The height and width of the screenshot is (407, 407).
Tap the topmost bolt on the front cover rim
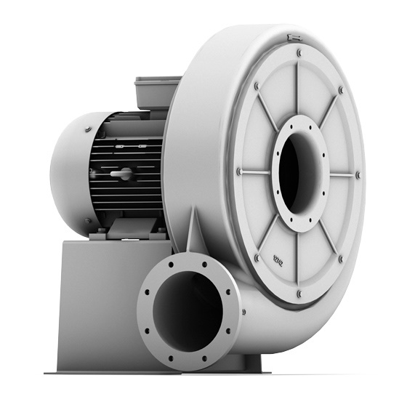pyautogui.click(x=299, y=52)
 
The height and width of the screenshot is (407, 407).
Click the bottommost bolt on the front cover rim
pyautogui.click(x=299, y=294)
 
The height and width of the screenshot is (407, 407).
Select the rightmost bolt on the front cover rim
pyautogui.click(x=358, y=174)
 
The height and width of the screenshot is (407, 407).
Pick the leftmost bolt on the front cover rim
pyautogui.click(x=239, y=172)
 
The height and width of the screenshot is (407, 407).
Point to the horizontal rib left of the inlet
pyautogui.click(x=258, y=172)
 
